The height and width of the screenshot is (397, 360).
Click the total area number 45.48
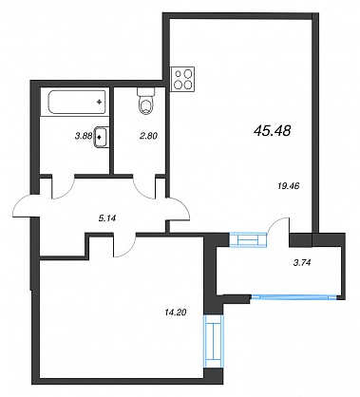[273, 130]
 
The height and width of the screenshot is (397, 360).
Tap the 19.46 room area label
[288, 186]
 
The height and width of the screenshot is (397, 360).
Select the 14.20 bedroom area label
[176, 312]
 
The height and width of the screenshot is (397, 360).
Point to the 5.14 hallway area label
[106, 218]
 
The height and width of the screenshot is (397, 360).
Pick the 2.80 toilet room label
[149, 136]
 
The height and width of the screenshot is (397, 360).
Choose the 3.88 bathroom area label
[83, 136]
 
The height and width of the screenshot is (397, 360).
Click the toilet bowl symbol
[146, 101]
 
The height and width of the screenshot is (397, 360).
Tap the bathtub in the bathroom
[77, 102]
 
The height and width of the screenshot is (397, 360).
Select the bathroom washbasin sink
[101, 137]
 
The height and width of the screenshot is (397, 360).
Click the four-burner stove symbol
[182, 79]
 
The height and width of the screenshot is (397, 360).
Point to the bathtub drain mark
[100, 102]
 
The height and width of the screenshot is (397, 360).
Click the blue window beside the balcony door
[248, 239]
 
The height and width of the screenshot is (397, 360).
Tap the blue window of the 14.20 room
[213, 341]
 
